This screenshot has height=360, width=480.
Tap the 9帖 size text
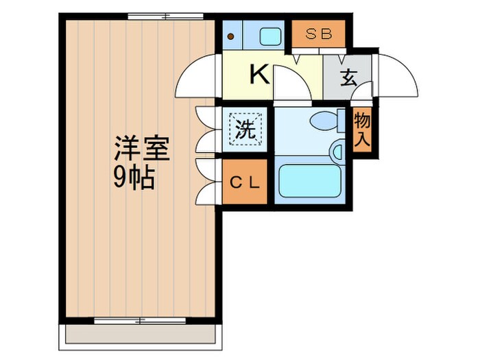click(134, 179)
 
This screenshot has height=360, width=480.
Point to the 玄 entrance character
click(348, 77)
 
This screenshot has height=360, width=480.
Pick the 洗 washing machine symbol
click(246, 129)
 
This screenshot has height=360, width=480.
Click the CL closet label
click(244, 182)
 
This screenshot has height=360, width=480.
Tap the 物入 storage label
click(363, 131)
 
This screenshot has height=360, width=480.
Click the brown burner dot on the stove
click(231, 36)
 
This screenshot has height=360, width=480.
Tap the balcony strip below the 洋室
click(141, 334)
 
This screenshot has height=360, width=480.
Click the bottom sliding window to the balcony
click(140, 320)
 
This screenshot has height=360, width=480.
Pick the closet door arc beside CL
click(208, 182)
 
